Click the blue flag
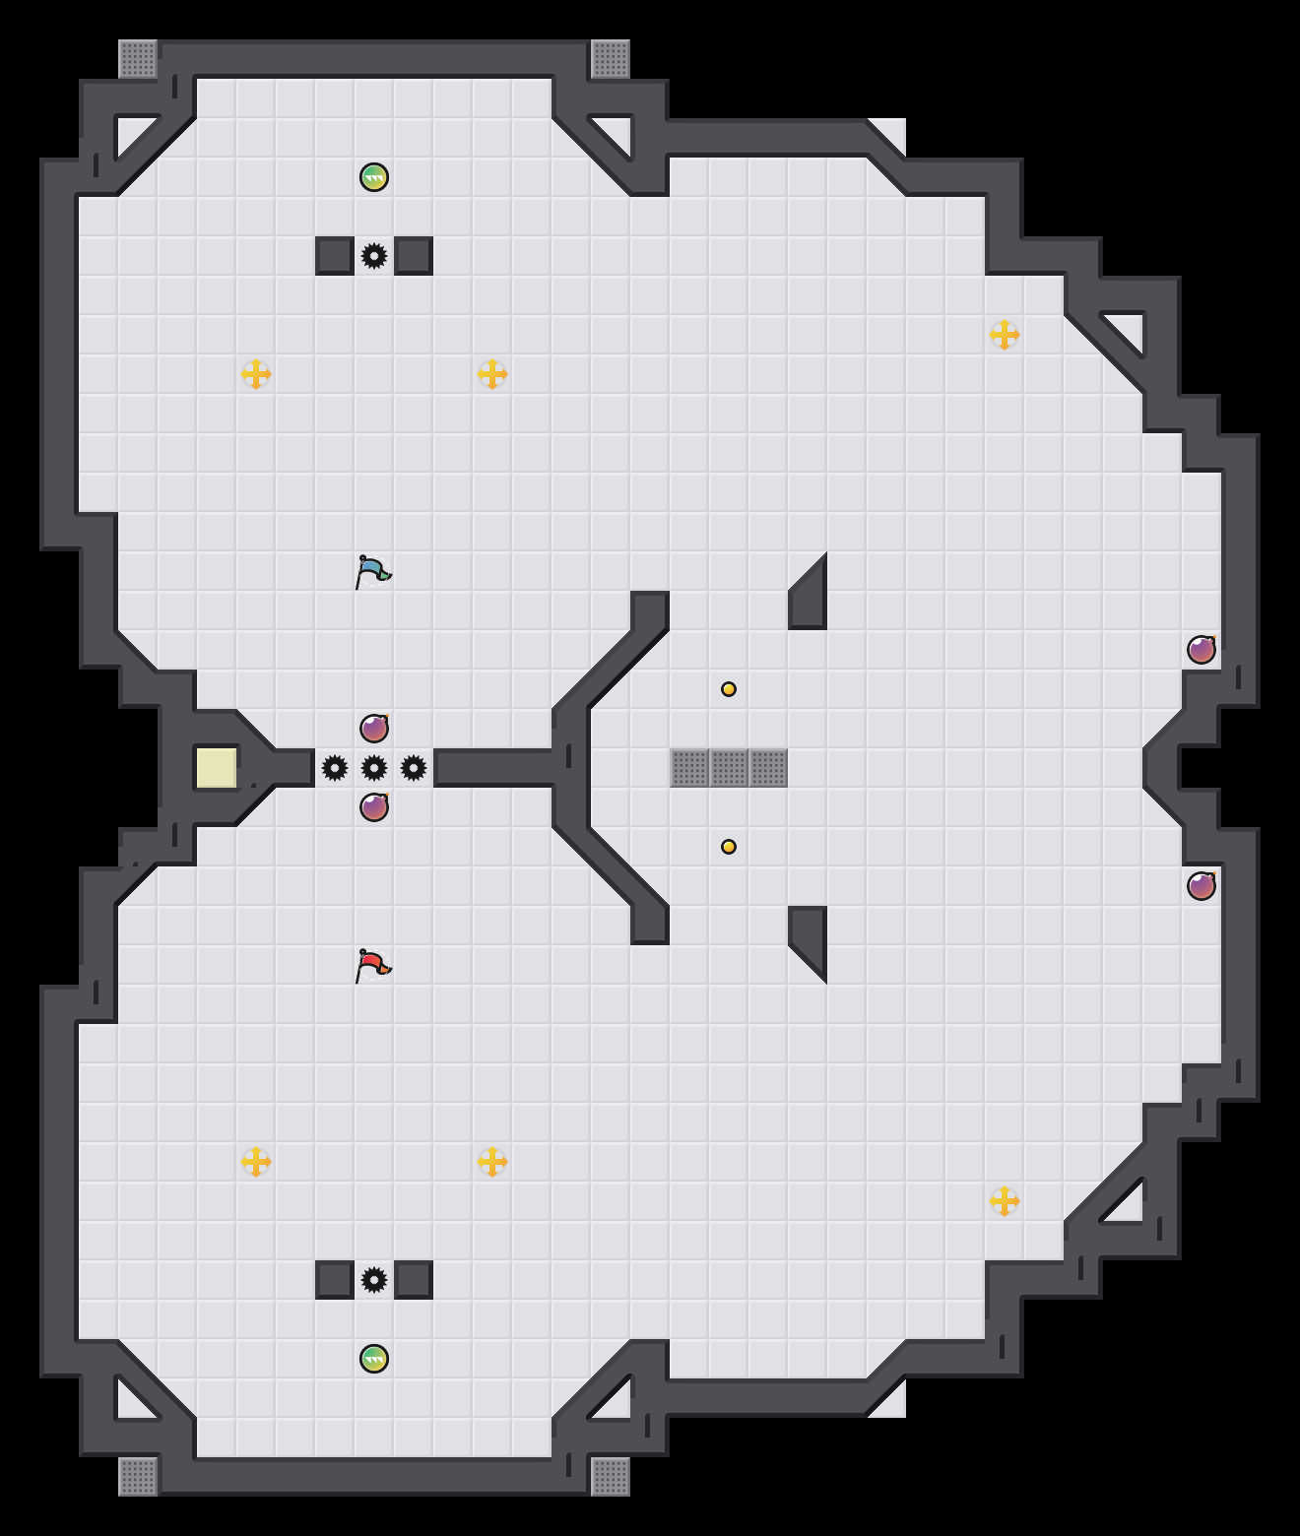(372, 571)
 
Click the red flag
(372, 965)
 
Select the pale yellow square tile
(216, 768)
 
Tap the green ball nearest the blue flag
(374, 177)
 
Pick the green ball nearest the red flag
(374, 1359)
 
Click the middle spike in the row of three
(374, 768)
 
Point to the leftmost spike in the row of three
(335, 768)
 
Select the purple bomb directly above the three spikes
(374, 729)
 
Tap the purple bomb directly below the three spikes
(374, 807)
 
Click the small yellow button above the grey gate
(729, 689)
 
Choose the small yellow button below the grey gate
(729, 847)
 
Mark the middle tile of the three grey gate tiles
(729, 768)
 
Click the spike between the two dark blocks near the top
(374, 256)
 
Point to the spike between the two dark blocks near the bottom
(374, 1280)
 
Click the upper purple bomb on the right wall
(1202, 650)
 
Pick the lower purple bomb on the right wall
(1202, 886)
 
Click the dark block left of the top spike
(335, 256)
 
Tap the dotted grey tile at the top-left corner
(138, 59)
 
